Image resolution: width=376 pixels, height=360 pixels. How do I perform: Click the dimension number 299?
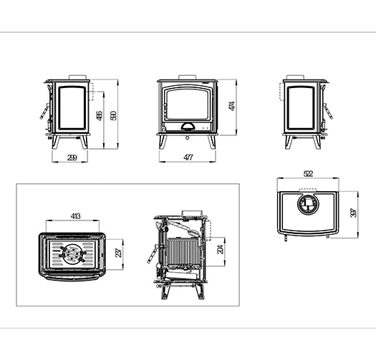[72, 157]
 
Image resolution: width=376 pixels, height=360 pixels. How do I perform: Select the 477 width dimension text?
[188, 157]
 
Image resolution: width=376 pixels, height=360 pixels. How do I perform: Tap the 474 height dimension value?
[232, 106]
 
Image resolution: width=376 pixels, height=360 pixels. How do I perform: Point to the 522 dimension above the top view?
[308, 173]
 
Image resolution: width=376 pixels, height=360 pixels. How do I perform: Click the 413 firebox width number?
[75, 216]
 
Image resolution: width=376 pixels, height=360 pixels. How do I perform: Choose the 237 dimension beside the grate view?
[119, 253]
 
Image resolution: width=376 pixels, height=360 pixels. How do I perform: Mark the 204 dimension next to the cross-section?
[220, 249]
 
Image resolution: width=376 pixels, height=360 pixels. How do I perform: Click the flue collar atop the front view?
[188, 77]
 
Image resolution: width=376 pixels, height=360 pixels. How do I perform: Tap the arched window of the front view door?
[187, 104]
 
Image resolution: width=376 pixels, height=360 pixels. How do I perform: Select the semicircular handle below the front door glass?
[188, 126]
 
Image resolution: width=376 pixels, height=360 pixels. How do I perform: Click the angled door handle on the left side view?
[44, 111]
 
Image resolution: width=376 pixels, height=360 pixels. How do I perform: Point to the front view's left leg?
[163, 142]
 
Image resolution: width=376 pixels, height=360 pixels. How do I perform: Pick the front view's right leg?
[212, 142]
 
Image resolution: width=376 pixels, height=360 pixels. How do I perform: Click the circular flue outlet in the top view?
[308, 204]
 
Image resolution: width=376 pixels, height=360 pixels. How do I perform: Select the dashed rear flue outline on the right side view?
[281, 92]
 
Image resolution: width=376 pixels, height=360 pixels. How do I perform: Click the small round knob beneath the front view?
[187, 137]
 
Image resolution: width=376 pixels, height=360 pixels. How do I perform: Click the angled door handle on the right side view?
[328, 111]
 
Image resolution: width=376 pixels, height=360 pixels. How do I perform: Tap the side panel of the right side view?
[302, 108]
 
